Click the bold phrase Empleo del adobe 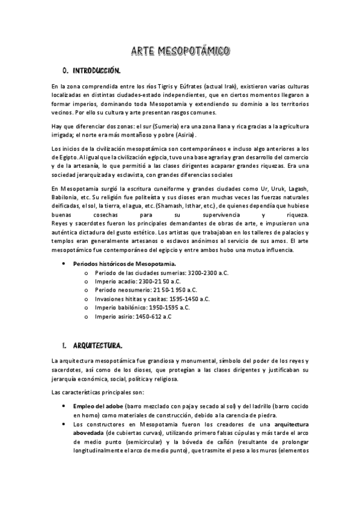pyautogui.click(x=97, y=406)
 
